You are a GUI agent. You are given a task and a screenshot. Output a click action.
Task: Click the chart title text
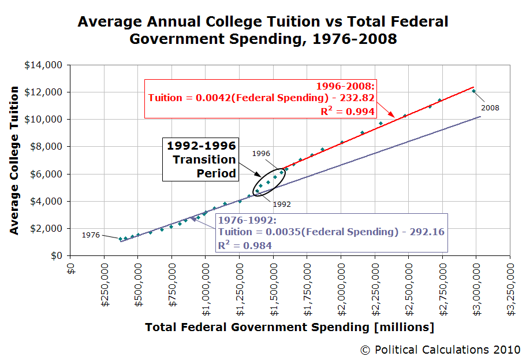(263, 31)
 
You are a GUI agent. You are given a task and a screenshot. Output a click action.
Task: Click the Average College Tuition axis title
(14, 160)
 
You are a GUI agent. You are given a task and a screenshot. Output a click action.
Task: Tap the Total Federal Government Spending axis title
(289, 328)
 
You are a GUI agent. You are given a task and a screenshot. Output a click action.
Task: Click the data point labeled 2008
(473, 91)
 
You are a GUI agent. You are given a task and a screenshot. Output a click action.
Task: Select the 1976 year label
(91, 235)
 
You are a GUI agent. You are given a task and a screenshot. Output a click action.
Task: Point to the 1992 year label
(282, 205)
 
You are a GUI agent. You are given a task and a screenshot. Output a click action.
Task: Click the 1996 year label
(262, 153)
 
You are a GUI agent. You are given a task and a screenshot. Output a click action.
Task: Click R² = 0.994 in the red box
(348, 111)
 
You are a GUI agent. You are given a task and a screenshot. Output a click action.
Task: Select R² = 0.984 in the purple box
(245, 245)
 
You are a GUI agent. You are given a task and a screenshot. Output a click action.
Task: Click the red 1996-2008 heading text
(345, 86)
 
